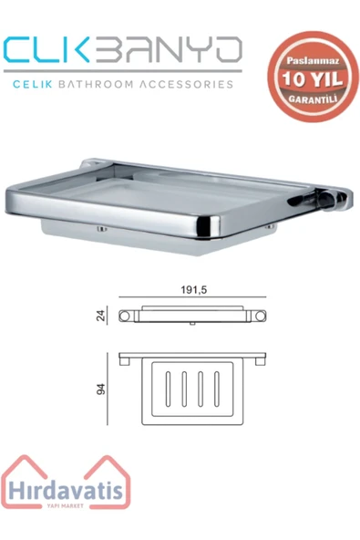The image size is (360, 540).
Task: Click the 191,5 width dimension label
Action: (x=194, y=290)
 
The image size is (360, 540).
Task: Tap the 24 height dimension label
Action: (x=100, y=316)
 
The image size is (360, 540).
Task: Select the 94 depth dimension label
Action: (x=101, y=389)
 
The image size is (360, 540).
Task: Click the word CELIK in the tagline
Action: (x=32, y=84)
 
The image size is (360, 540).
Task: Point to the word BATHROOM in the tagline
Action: (x=96, y=84)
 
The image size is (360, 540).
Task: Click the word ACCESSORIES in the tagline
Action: (x=186, y=84)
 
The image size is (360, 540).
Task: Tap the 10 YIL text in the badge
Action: (x=313, y=78)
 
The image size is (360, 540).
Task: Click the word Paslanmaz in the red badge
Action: (x=314, y=61)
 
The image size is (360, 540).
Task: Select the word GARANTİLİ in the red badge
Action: (x=313, y=99)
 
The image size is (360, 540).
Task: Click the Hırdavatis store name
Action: (x=66, y=490)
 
